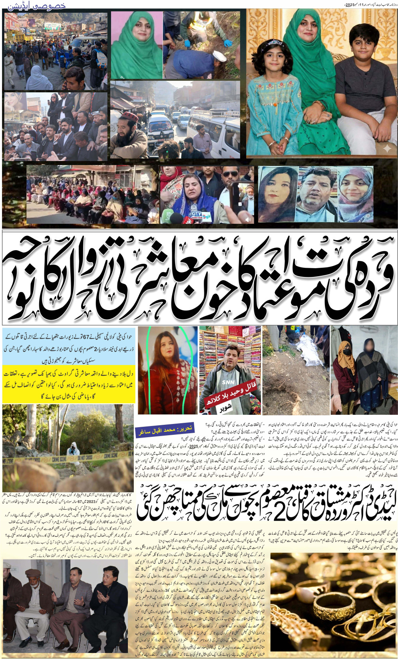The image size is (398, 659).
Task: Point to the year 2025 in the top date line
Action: (350, 5)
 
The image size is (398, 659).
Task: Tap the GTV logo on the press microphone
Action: (195, 214)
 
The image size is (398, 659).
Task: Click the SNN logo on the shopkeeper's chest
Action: (229, 382)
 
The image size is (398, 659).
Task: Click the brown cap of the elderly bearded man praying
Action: (33, 572)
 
